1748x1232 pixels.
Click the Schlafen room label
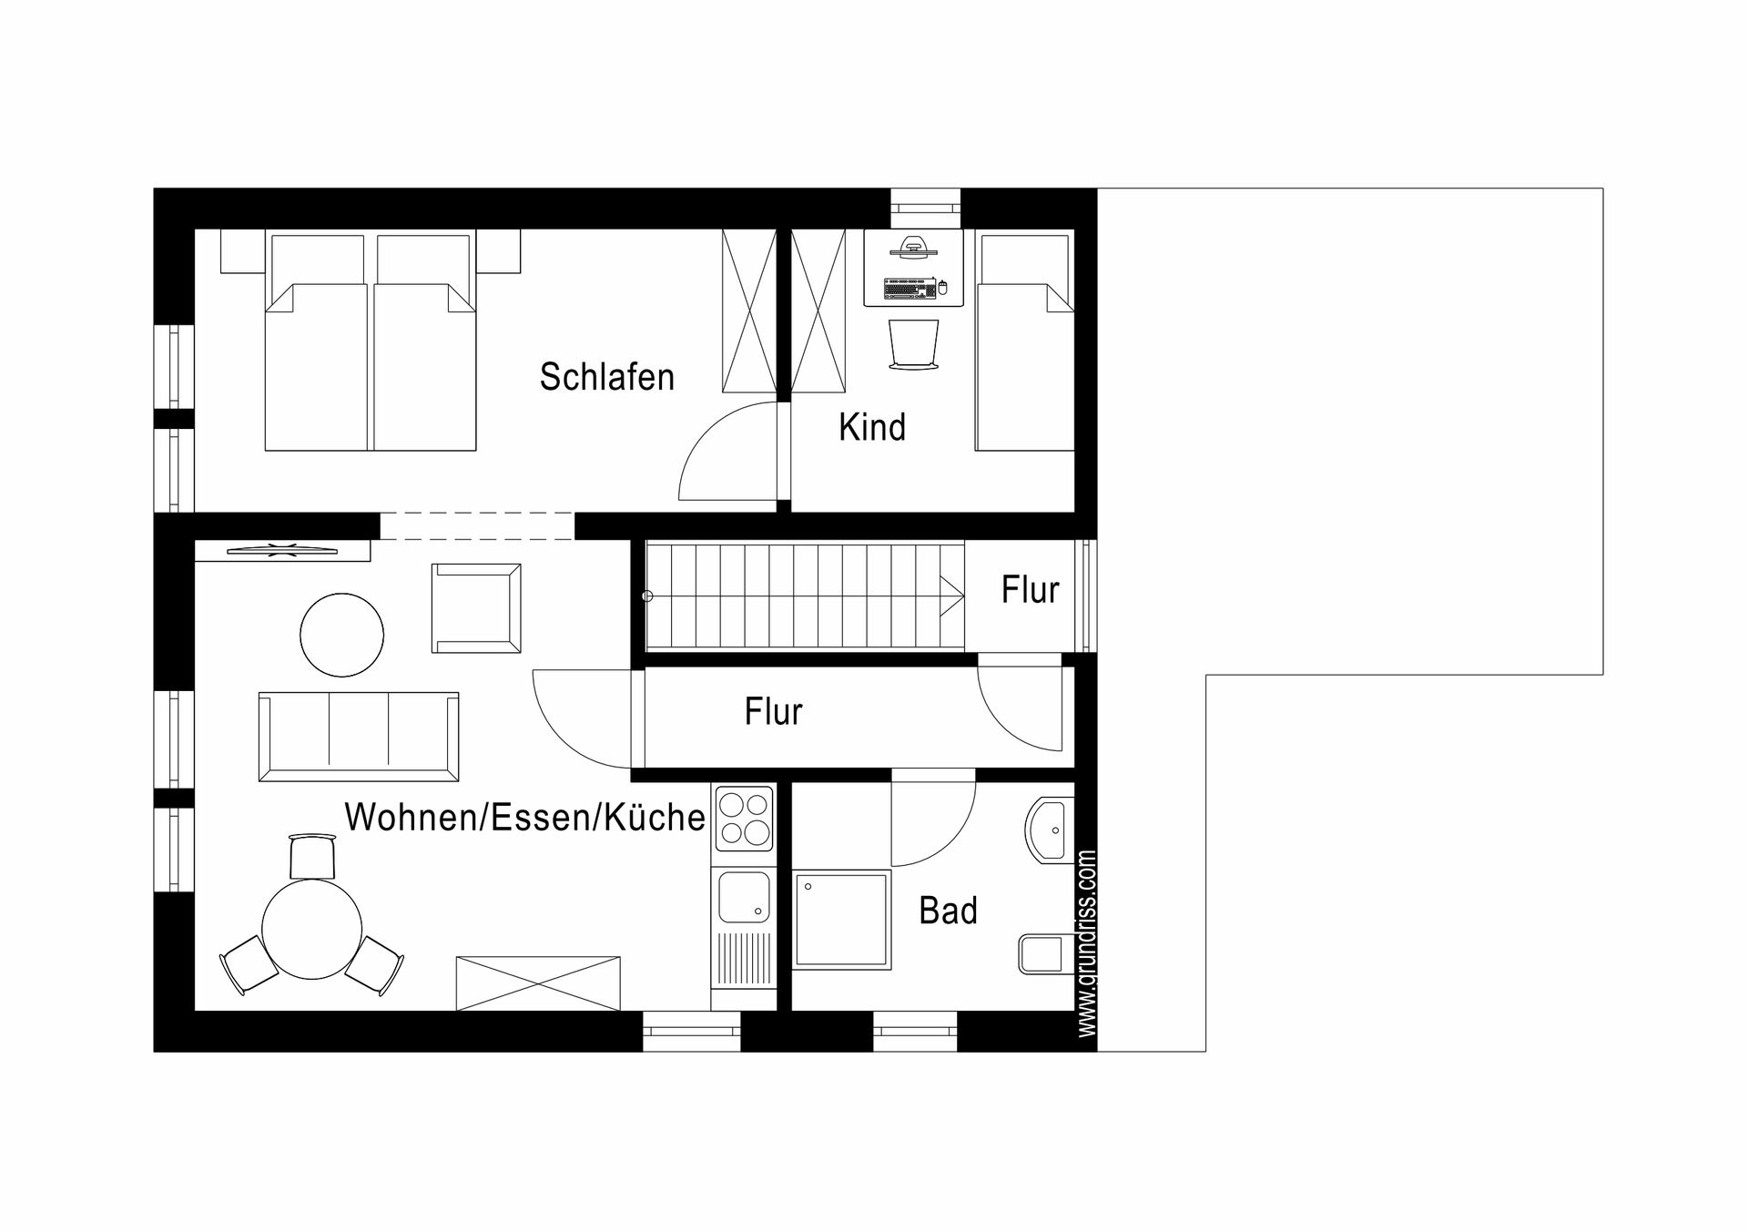tap(607, 377)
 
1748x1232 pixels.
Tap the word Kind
tap(872, 427)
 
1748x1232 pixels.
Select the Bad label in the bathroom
tap(948, 911)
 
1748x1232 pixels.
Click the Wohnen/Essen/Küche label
tap(525, 818)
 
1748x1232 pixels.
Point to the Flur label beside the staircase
tap(1031, 590)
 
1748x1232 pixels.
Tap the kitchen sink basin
tap(744, 897)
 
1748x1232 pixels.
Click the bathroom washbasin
tap(1051, 830)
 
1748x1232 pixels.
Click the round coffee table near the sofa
tap(341, 635)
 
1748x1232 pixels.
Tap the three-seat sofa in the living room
tap(359, 737)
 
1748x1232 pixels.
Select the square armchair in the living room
tap(476, 608)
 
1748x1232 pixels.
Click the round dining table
tap(312, 929)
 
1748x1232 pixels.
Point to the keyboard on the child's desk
tap(910, 289)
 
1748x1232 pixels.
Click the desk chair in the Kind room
tap(913, 345)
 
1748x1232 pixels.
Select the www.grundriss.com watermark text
tap(1086, 943)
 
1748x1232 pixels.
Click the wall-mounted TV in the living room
tap(282, 549)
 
